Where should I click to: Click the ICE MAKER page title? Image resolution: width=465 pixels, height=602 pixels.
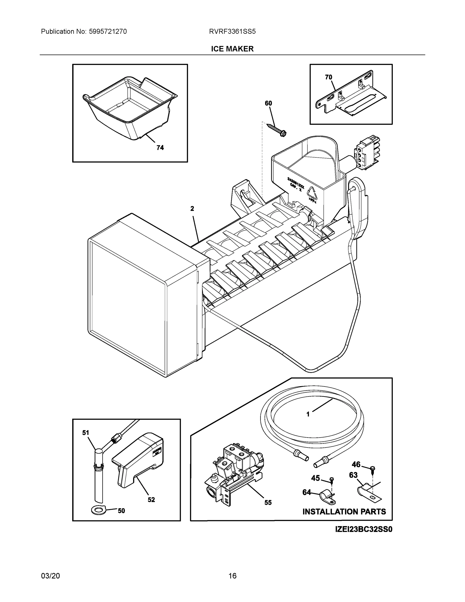pyautogui.click(x=232, y=49)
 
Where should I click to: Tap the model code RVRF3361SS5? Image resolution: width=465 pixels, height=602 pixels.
pyautogui.click(x=232, y=31)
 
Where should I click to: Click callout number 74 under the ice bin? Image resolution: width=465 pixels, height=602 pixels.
pyautogui.click(x=160, y=148)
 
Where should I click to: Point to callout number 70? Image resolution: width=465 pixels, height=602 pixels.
pyautogui.click(x=328, y=77)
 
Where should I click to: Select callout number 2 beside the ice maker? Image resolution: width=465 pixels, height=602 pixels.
pyautogui.click(x=192, y=209)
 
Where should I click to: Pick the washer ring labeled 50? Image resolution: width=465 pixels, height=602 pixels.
pyautogui.click(x=98, y=510)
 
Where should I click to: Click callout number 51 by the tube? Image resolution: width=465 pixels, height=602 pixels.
pyautogui.click(x=86, y=433)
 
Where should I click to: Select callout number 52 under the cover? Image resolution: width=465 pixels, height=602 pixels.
pyautogui.click(x=151, y=499)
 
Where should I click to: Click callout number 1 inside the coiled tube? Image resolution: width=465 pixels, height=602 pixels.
pyautogui.click(x=308, y=422)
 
